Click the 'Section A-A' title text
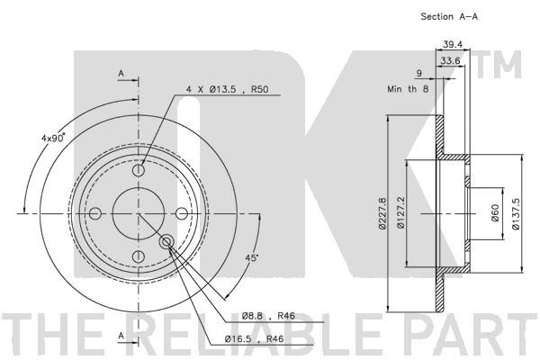pyautogui.click(x=449, y=16)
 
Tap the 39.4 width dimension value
pyautogui.click(x=452, y=44)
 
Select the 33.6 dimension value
pyautogui.click(x=451, y=61)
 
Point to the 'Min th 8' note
pyautogui.click(x=408, y=89)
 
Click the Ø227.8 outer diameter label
pyautogui.click(x=382, y=213)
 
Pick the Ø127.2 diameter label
pyautogui.click(x=400, y=213)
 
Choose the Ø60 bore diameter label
pyautogui.click(x=495, y=213)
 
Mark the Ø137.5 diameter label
pyautogui.click(x=516, y=213)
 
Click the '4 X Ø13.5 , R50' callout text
pyautogui.click(x=227, y=90)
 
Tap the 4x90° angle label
pyautogui.click(x=53, y=138)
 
